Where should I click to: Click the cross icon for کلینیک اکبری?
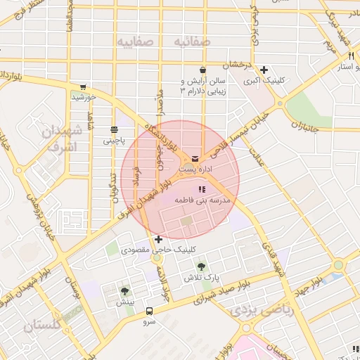click(264, 70)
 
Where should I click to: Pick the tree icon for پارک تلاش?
click(202, 266)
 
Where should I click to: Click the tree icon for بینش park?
click(124, 291)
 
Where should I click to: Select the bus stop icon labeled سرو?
click(149, 311)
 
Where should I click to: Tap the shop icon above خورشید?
click(83, 86)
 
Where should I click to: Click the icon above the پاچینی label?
click(113, 129)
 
